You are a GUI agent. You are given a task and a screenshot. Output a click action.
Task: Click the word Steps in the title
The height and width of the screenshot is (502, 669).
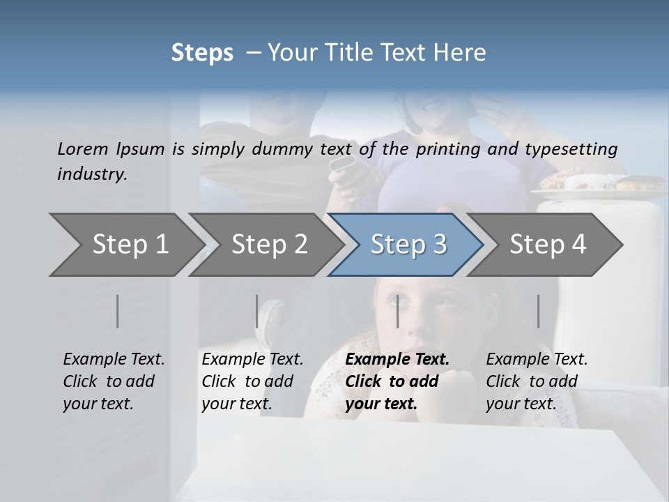point(202,53)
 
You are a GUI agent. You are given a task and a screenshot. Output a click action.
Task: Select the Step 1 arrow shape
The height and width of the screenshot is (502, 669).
point(125,244)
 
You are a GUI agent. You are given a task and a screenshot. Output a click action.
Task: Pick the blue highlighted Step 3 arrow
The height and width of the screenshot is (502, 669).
point(408,244)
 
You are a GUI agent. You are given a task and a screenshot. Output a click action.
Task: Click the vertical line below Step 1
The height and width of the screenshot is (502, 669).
point(118,311)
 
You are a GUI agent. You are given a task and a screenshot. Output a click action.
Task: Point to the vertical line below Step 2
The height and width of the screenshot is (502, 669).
point(257,311)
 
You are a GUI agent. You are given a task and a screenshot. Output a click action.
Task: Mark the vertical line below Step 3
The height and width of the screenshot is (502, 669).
point(398,311)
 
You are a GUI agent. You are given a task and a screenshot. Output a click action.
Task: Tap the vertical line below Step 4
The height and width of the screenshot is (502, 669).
point(539,311)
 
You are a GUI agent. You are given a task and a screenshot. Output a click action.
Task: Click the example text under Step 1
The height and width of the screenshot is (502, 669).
point(114,381)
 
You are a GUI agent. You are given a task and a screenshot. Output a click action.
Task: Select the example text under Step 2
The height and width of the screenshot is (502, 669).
point(252,381)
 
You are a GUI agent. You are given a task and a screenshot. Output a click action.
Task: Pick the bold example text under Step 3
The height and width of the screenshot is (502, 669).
point(397,381)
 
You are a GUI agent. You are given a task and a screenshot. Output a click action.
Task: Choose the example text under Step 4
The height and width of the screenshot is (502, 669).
point(537,381)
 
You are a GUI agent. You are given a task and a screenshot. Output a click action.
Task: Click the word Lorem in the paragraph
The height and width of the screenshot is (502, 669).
point(83,149)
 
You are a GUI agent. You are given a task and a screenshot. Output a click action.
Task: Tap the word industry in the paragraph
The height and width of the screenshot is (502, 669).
point(92,174)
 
